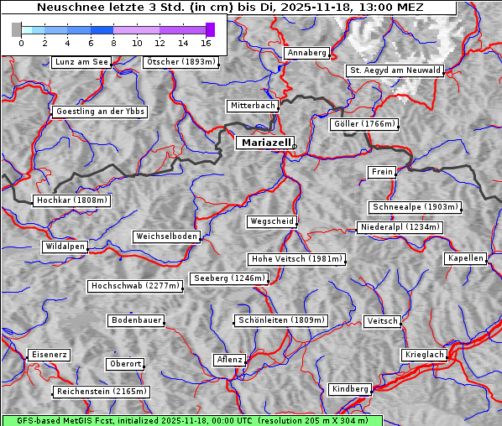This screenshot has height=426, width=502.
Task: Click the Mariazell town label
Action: click(266, 143)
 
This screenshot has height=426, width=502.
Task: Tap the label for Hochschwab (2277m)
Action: click(135, 286)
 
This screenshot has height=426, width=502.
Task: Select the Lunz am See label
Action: click(81, 62)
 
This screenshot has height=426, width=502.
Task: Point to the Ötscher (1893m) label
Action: click(180, 62)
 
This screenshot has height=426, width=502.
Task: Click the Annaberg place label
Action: click(306, 53)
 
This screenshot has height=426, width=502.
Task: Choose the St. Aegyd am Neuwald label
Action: click(395, 70)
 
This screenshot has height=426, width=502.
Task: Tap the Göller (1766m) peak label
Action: click(364, 124)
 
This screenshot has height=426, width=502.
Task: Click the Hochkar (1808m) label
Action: click(71, 200)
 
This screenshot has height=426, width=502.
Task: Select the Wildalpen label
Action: click(65, 247)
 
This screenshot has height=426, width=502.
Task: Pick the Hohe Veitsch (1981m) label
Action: click(296, 259)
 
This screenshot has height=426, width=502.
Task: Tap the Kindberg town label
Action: click(350, 389)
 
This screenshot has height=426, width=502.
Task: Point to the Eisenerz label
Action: click(49, 355)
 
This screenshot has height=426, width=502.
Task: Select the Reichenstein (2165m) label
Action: click(102, 392)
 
